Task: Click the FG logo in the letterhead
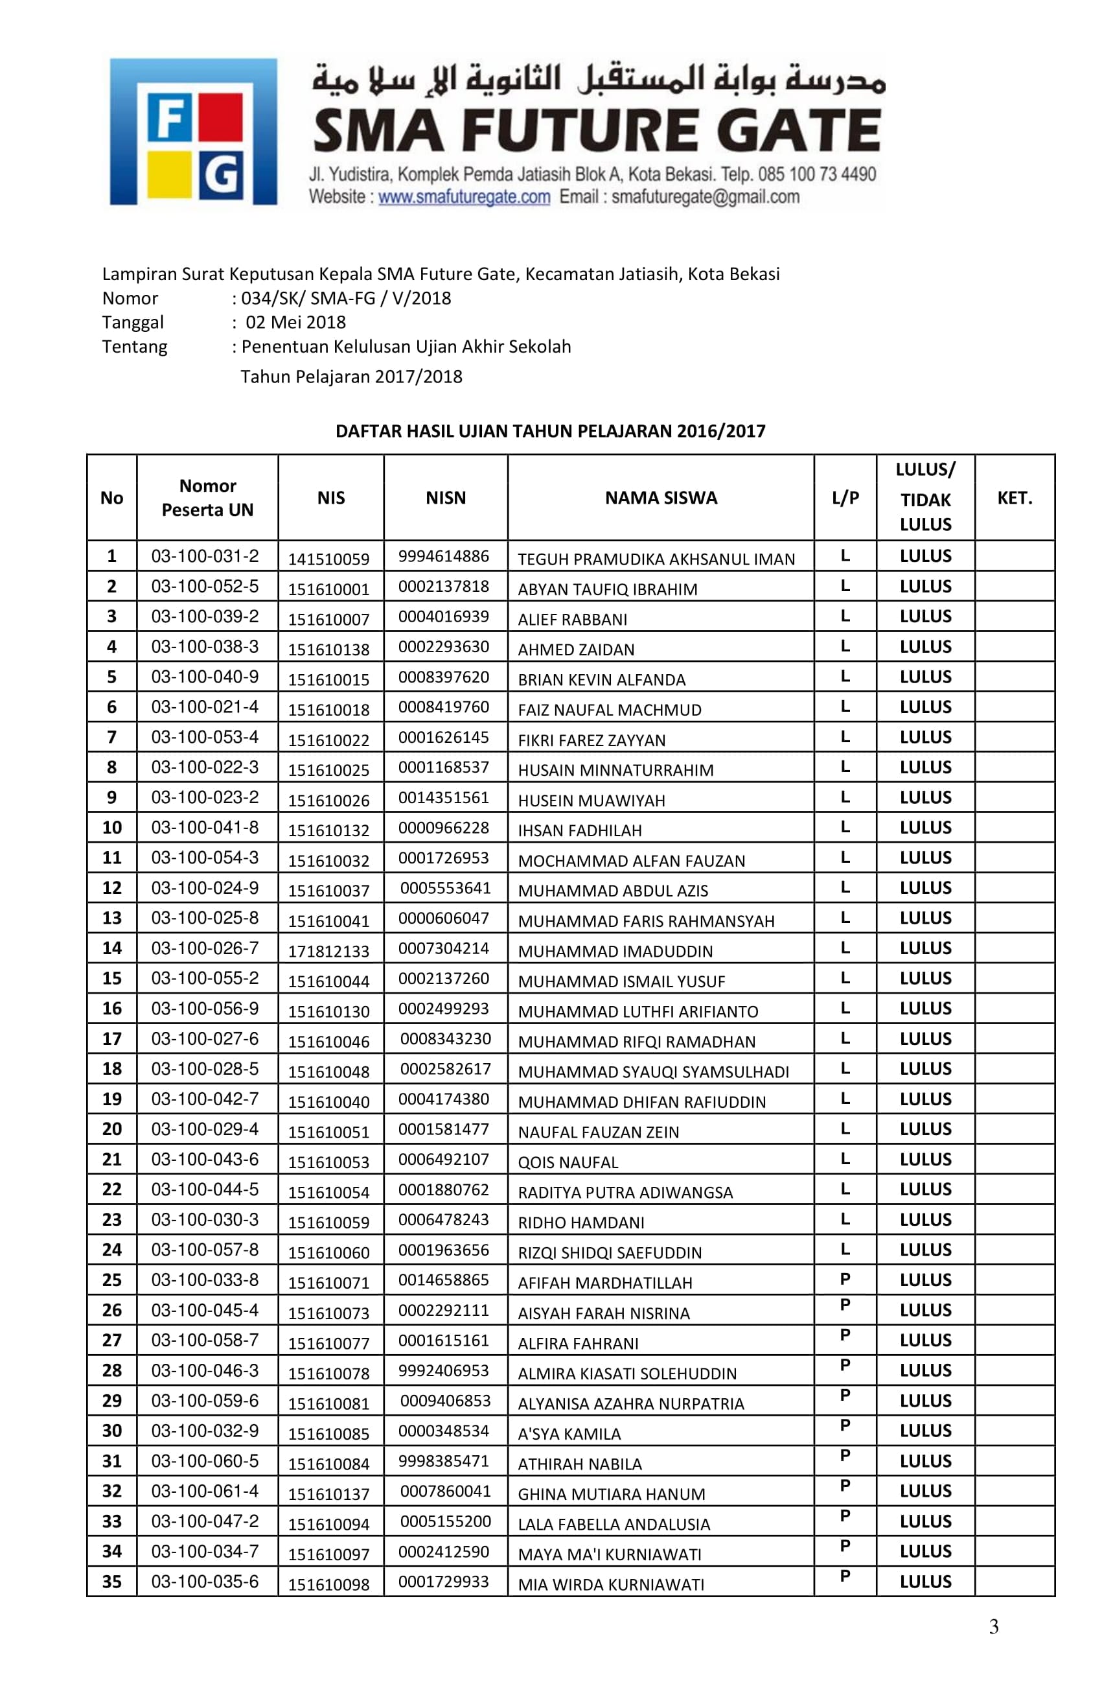click(x=192, y=132)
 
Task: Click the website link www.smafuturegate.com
click(x=463, y=197)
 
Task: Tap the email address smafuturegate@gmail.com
click(x=705, y=197)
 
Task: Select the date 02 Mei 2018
click(x=295, y=322)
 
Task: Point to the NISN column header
click(x=446, y=498)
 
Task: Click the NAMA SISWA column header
click(x=660, y=498)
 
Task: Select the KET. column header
click(x=1013, y=498)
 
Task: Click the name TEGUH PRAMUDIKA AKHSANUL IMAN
click(x=656, y=559)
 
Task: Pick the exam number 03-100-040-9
click(x=205, y=677)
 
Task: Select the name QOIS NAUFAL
click(x=568, y=1162)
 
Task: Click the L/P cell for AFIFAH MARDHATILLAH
click(x=844, y=1279)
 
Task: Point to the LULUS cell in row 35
click(x=925, y=1582)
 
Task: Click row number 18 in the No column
click(x=112, y=1068)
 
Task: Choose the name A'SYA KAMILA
click(x=569, y=1434)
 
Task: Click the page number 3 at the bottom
click(x=993, y=1627)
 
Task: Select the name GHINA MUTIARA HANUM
click(x=611, y=1494)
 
